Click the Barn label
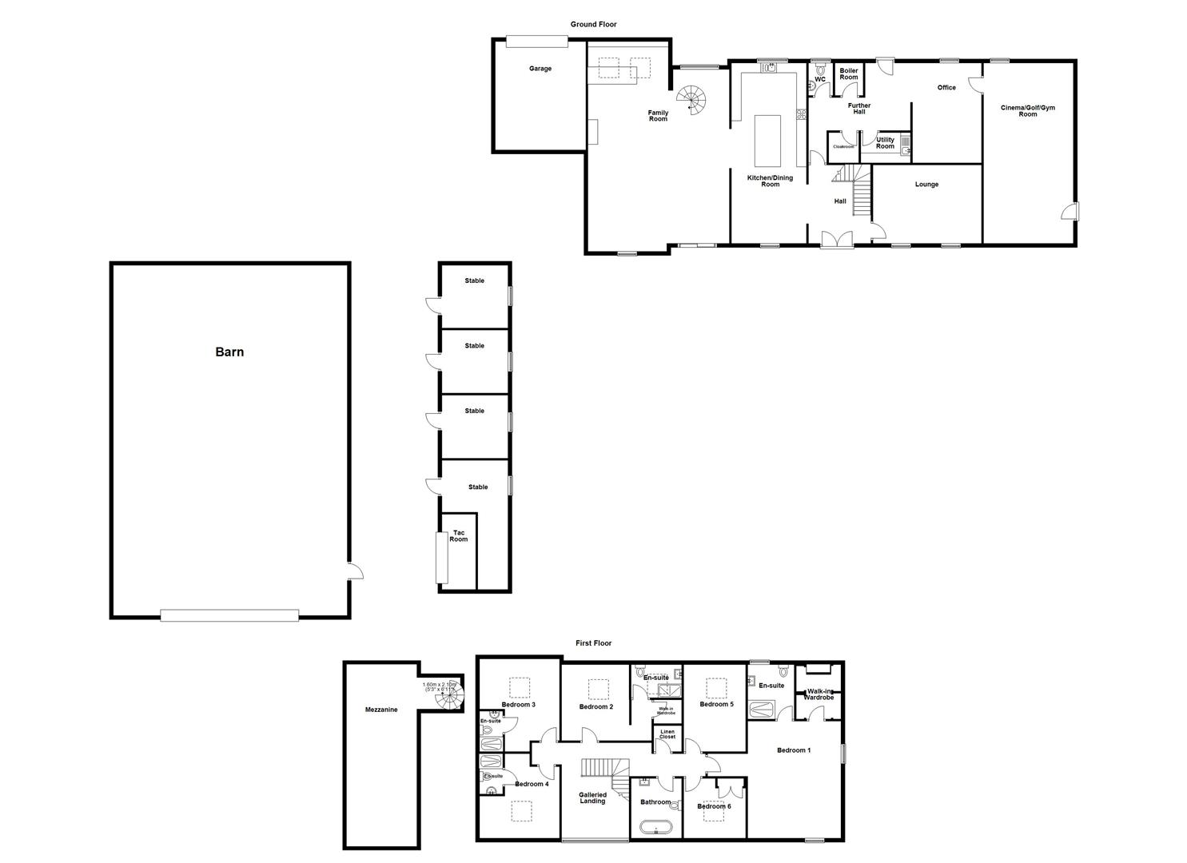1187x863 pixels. (x=229, y=352)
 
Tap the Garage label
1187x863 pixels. (x=540, y=69)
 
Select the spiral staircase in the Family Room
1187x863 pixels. (x=692, y=101)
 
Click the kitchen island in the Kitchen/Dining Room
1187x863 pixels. (x=767, y=141)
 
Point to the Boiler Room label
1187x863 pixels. (x=848, y=74)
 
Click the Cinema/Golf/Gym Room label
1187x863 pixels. (x=1027, y=110)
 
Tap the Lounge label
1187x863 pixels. (x=926, y=185)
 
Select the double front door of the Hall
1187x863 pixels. (x=837, y=239)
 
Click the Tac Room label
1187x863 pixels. (x=458, y=536)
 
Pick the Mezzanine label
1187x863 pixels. (x=380, y=710)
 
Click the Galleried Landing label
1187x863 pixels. (x=592, y=797)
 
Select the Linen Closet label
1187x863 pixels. (x=667, y=734)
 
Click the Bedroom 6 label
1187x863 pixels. (x=714, y=806)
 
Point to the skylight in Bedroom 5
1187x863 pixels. (x=715, y=688)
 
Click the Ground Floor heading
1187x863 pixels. (x=593, y=25)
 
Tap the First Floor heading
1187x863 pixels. (x=593, y=643)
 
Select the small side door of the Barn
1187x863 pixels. (x=355, y=571)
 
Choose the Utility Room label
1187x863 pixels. (x=885, y=143)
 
